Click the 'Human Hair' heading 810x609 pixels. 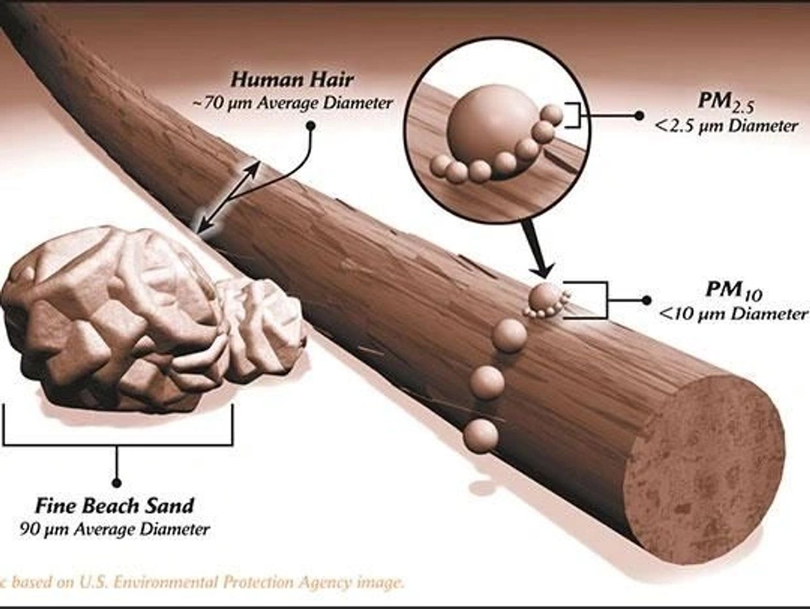click(x=292, y=80)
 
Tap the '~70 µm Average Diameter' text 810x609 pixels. click(x=292, y=103)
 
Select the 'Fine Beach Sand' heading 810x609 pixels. click(x=114, y=506)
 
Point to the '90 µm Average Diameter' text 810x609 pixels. click(x=115, y=529)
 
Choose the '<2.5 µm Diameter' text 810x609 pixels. click(x=726, y=127)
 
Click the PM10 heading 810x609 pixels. click(x=734, y=291)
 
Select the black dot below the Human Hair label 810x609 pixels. click(x=311, y=126)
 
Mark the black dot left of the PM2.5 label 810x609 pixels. click(x=640, y=116)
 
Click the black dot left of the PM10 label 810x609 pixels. click(x=646, y=301)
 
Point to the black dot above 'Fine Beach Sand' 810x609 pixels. click(x=117, y=483)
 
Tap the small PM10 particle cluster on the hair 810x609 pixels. click(x=547, y=301)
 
